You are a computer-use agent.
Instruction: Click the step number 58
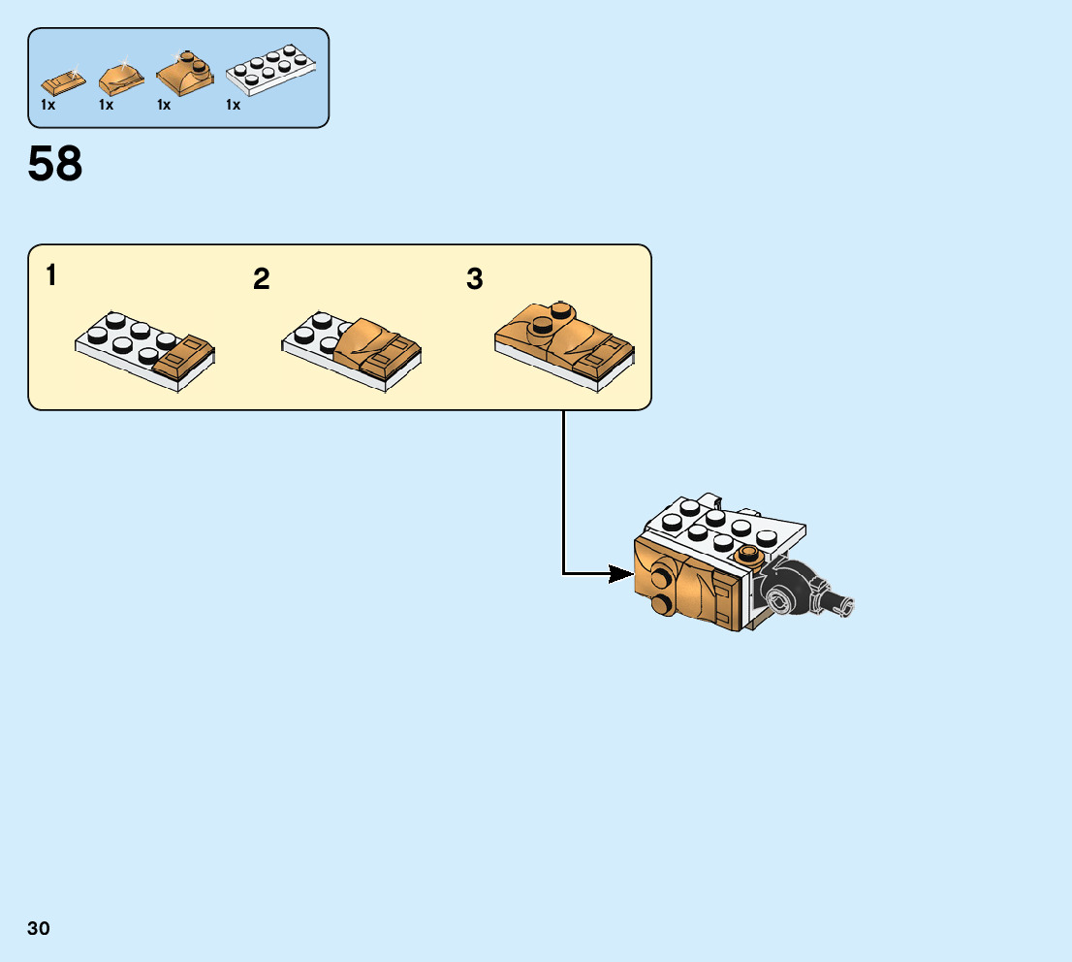point(55,165)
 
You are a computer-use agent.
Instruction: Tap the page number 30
point(39,929)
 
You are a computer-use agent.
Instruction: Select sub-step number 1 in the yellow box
point(50,276)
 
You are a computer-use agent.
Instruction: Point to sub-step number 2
point(261,280)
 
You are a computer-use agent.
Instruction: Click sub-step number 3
point(474,280)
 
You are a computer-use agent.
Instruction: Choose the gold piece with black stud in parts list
point(185,72)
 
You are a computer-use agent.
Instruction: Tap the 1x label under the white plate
point(233,105)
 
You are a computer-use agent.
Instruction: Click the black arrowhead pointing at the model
point(619,574)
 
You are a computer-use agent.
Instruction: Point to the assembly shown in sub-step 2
point(351,352)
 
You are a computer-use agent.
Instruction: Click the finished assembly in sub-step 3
point(564,344)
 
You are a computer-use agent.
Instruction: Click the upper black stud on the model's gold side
point(662,577)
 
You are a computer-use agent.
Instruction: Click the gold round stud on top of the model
point(748,555)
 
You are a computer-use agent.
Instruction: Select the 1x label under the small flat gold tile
point(47,105)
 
